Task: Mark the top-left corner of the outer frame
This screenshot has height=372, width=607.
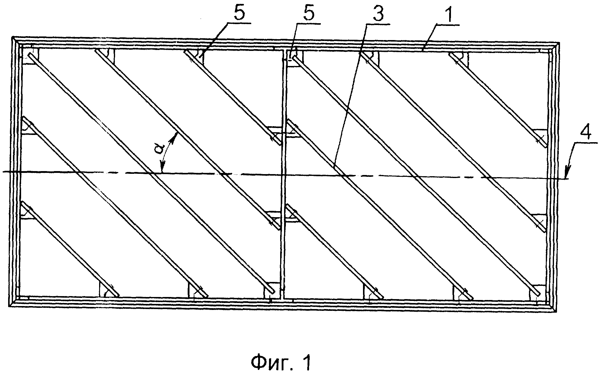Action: coord(12,37)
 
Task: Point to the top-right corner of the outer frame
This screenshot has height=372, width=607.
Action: coord(559,42)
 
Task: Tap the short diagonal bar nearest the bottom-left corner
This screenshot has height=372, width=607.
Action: coord(70,249)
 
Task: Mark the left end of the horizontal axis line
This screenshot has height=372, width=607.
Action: coord(2,172)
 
